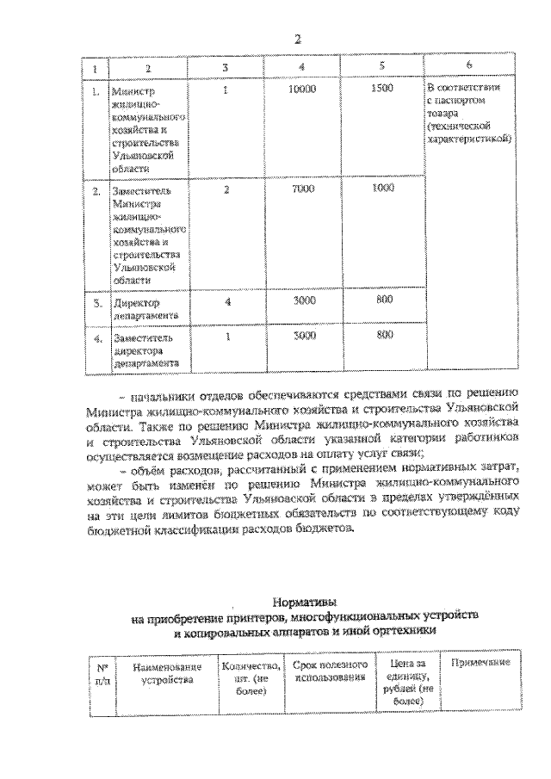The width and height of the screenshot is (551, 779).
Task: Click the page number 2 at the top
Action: point(298,39)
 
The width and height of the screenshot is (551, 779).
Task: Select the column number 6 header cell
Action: point(467,66)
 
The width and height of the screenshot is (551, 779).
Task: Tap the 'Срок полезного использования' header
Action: point(331,671)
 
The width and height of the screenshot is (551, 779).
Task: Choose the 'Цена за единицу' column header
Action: point(409,681)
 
